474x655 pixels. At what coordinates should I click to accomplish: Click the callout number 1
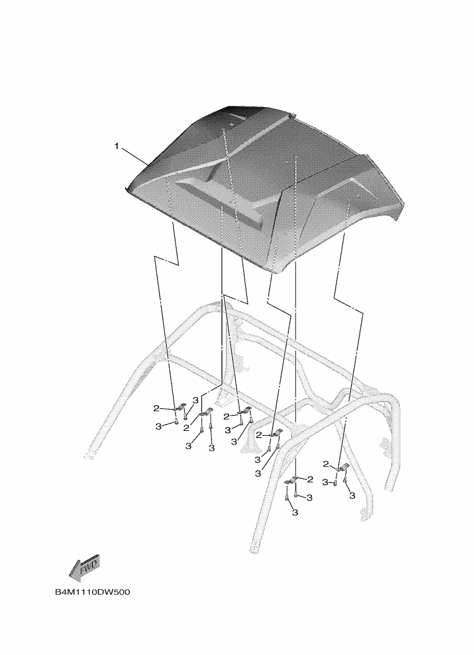[117, 147]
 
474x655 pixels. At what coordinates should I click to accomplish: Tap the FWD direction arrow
[84, 568]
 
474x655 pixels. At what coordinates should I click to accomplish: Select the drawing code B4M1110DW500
[92, 592]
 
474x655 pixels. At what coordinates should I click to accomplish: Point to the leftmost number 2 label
[156, 408]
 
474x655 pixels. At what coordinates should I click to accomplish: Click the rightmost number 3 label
[352, 496]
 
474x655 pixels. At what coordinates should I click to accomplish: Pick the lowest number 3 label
[295, 512]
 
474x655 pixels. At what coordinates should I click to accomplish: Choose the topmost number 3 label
[195, 400]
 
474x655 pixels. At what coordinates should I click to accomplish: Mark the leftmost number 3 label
[158, 426]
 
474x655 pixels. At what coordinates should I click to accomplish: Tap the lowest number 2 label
[310, 479]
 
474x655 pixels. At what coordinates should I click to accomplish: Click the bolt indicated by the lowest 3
[286, 497]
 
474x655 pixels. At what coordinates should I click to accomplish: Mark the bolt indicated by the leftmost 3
[176, 420]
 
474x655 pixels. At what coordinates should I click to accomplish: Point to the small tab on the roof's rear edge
[293, 115]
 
